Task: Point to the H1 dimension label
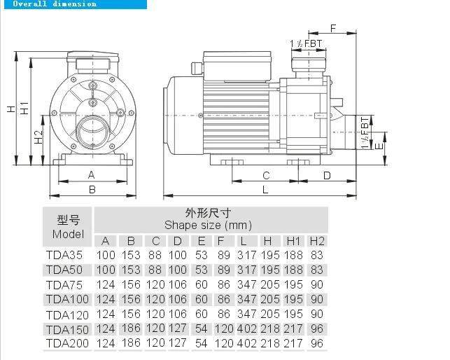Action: coord(24,108)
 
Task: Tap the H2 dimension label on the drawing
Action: coord(39,136)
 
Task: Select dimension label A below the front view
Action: coord(91,174)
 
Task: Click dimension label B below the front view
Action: coord(91,188)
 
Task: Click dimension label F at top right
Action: coord(332,28)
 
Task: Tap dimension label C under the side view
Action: coord(266,175)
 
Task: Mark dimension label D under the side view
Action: coord(327,175)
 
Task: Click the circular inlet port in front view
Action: coord(91,130)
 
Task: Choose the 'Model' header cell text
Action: coord(68,234)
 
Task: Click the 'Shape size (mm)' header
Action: coord(208,226)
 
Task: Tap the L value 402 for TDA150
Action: coord(246,328)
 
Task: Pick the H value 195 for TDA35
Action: coord(269,256)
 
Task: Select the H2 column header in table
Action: coord(317,241)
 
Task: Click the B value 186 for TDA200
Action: coord(130,343)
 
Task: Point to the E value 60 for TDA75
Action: coord(201,285)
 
